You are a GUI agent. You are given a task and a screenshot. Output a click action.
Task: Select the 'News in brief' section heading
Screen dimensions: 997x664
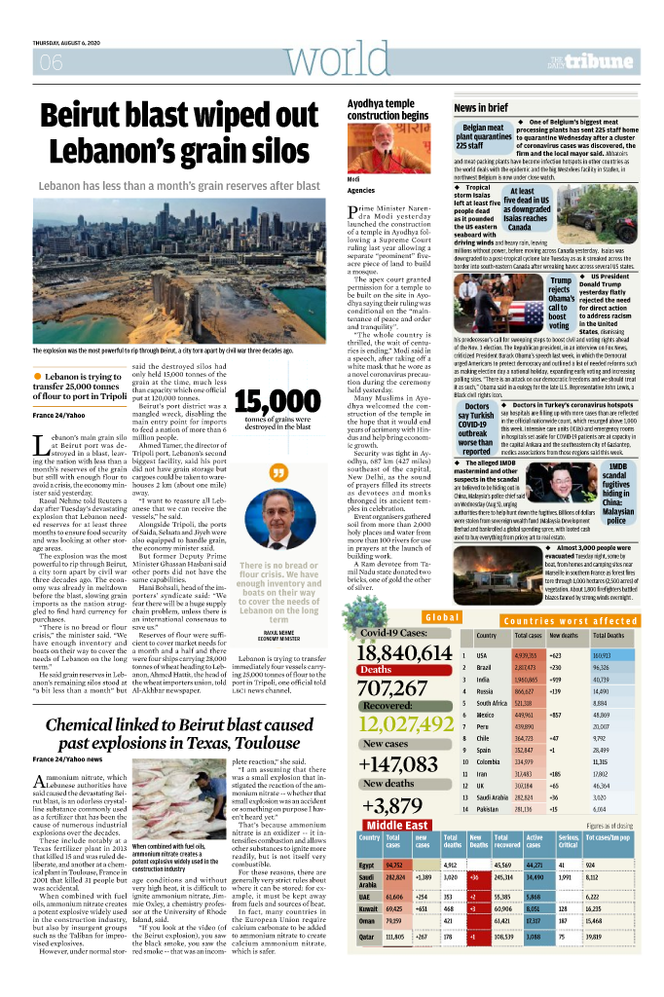481,107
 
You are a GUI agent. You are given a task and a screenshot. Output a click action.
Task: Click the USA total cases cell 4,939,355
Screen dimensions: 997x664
528,655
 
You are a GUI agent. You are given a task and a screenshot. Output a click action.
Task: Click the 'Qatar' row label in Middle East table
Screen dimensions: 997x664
367,963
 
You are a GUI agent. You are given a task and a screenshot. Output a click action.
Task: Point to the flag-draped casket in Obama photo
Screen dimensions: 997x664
487,303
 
